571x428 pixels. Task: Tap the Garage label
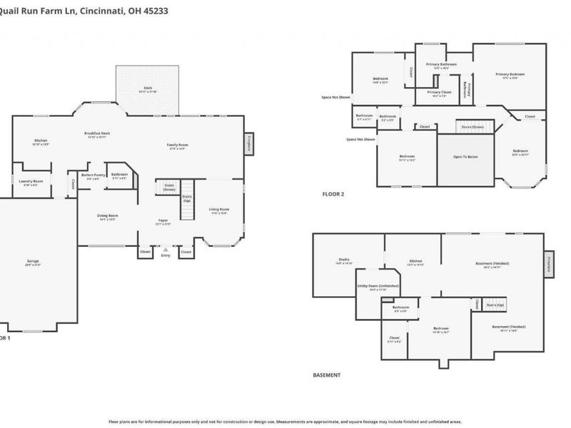point(34,263)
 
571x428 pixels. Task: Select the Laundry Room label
point(31,183)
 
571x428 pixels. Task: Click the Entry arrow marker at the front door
point(166,250)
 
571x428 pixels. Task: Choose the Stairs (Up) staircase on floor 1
point(187,198)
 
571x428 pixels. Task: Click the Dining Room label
point(108,216)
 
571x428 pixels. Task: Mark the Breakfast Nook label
point(97,134)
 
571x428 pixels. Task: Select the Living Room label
point(219,210)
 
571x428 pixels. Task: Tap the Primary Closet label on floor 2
point(439,93)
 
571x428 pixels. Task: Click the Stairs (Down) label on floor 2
point(473,127)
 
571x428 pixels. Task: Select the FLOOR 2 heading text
point(334,194)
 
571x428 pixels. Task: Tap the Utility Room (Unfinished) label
point(378,287)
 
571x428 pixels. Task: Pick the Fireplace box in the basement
point(550,263)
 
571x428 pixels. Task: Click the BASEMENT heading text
point(327,374)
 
